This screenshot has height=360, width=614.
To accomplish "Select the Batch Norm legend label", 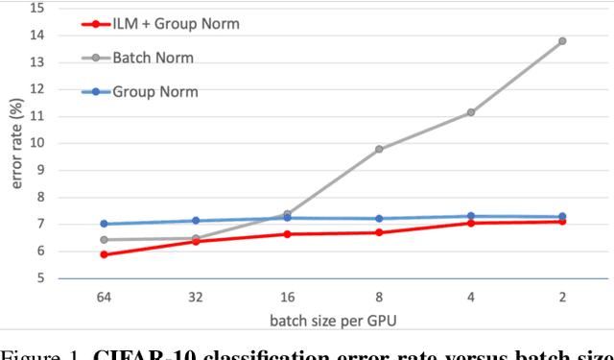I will tap(153, 58).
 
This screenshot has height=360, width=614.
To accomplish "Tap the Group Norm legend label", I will tap(154, 92).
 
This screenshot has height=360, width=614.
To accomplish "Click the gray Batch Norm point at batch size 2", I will tap(562, 41).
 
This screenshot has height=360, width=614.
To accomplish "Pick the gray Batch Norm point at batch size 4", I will tap(471, 112).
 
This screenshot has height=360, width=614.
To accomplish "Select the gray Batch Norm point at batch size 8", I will tap(379, 149).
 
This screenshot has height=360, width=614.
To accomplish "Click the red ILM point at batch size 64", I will tap(104, 254).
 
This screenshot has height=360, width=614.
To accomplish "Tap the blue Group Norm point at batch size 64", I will tap(104, 224).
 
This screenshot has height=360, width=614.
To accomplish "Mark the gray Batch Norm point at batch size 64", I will tap(104, 240).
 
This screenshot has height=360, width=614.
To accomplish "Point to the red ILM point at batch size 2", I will tap(562, 222).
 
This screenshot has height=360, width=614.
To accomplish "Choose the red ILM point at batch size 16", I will tap(287, 234).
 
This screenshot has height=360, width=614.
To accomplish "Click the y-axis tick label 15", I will tap(36, 8).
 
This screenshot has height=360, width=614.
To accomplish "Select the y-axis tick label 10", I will tap(36, 143).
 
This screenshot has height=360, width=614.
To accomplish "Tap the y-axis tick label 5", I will tap(39, 278).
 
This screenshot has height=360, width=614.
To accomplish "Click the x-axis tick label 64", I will tap(104, 298).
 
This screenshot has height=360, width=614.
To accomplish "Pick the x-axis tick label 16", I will tap(287, 298).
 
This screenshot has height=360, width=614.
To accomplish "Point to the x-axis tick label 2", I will tap(562, 298).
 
